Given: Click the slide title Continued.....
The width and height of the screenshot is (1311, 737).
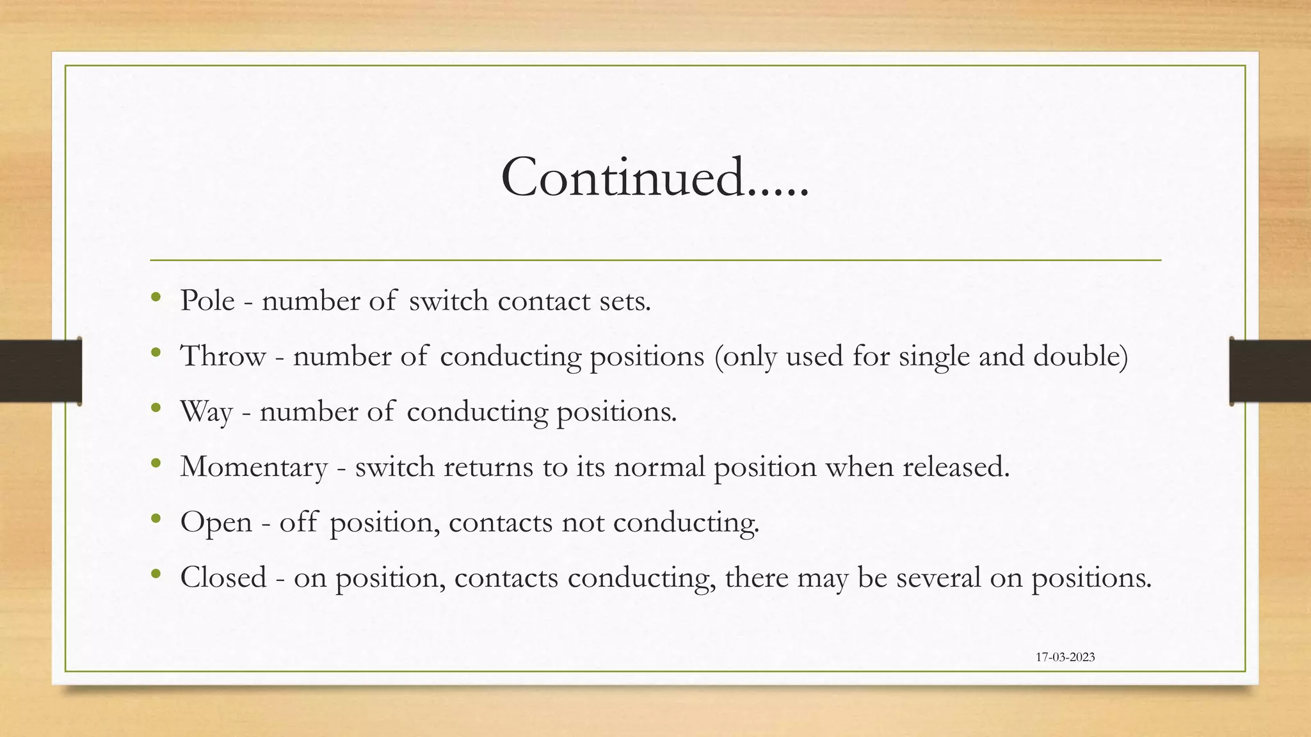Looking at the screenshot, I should pos(655,177).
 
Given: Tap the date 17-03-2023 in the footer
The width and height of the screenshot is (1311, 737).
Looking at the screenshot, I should pos(1065,657).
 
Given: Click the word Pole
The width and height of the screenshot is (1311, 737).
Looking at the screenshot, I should pos(207,301).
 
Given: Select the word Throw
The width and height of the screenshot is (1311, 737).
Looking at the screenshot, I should pos(223,356).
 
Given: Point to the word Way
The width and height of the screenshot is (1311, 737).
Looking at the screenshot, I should pos(206,411).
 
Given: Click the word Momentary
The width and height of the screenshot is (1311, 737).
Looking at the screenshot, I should pos(253,467).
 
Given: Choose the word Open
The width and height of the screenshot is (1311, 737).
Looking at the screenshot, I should pos(216,523).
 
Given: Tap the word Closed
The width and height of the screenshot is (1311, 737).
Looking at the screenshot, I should pos(223,578).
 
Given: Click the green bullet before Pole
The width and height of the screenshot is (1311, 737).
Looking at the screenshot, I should pos(156,297).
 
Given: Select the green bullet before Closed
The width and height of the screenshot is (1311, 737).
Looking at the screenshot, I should pos(156,574).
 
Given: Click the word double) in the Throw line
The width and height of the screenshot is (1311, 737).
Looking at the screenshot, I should pos(1081,356).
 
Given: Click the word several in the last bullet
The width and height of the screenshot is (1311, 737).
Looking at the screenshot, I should pos(938,578).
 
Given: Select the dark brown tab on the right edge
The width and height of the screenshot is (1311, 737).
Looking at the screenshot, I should pos(1270,371).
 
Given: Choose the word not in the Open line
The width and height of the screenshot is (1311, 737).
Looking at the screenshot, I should pos(583,523).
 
